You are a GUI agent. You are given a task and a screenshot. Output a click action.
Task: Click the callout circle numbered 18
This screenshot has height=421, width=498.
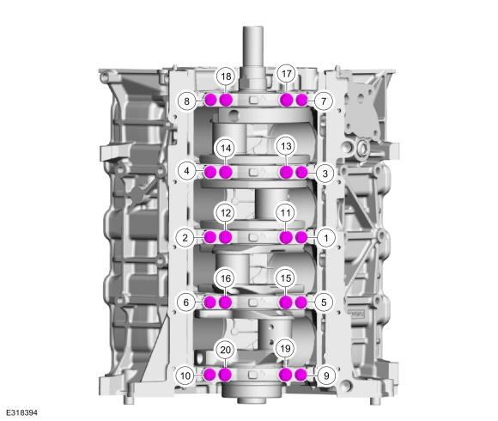226,76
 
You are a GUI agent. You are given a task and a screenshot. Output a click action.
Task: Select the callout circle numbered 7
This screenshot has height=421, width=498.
324,101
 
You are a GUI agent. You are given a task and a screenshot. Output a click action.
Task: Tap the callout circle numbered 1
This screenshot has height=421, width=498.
325,238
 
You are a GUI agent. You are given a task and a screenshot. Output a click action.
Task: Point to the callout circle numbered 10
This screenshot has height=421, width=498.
185,375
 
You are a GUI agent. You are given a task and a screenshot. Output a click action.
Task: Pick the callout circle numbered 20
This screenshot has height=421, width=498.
226,351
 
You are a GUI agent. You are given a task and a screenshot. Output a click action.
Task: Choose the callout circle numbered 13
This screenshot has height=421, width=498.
286,146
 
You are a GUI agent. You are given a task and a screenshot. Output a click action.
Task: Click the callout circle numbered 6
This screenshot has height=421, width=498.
186,302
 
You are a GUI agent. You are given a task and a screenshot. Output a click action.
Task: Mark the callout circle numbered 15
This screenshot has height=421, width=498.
286,278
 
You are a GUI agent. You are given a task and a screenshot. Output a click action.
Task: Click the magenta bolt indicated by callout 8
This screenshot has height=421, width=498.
210,100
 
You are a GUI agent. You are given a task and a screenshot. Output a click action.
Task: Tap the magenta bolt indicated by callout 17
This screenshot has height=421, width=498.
286,100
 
